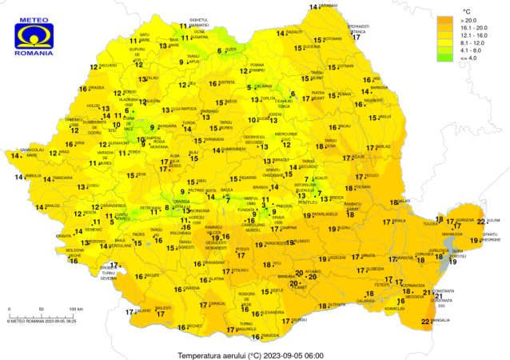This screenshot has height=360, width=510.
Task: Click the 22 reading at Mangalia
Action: (x=425, y=321)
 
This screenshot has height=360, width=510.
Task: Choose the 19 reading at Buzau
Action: (x=323, y=228)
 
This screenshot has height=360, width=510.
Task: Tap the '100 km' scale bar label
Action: (x=76, y=308)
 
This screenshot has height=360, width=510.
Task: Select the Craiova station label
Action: (x=191, y=288)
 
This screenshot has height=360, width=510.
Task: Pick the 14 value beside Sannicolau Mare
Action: (x=17, y=155)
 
